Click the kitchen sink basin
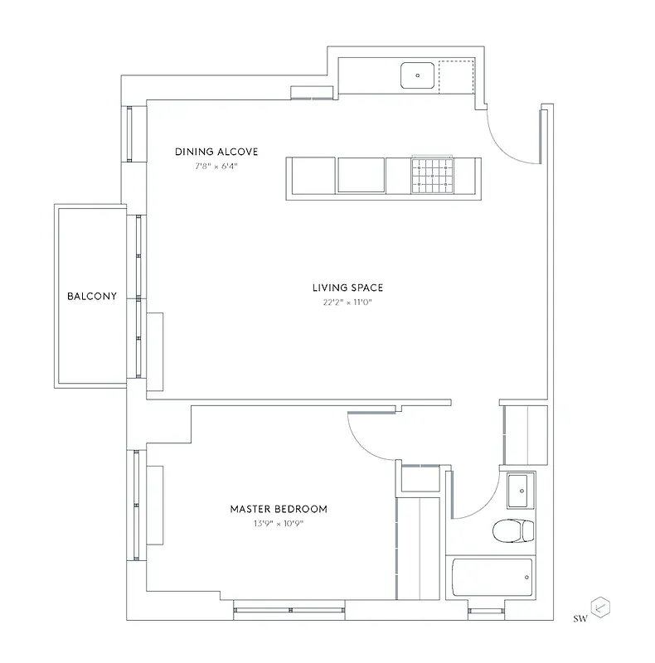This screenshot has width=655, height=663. [x=418, y=75]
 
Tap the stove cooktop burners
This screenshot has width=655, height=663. [x=433, y=175]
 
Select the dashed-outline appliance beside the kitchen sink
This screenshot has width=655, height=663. [x=455, y=75]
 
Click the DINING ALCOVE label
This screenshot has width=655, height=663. [x=216, y=152]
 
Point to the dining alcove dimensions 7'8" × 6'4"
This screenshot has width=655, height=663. [x=216, y=165]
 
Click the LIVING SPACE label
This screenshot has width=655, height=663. [x=347, y=288]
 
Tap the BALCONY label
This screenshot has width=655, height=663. [x=92, y=296]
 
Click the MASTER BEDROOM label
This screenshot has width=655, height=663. [x=279, y=509]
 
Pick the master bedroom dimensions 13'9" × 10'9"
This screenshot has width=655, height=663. [x=279, y=523]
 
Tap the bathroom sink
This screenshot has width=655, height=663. [x=521, y=489]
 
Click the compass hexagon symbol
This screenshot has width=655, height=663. [x=600, y=608]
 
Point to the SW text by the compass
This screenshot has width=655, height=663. [x=580, y=617]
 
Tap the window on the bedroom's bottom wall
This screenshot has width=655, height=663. [x=289, y=611]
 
